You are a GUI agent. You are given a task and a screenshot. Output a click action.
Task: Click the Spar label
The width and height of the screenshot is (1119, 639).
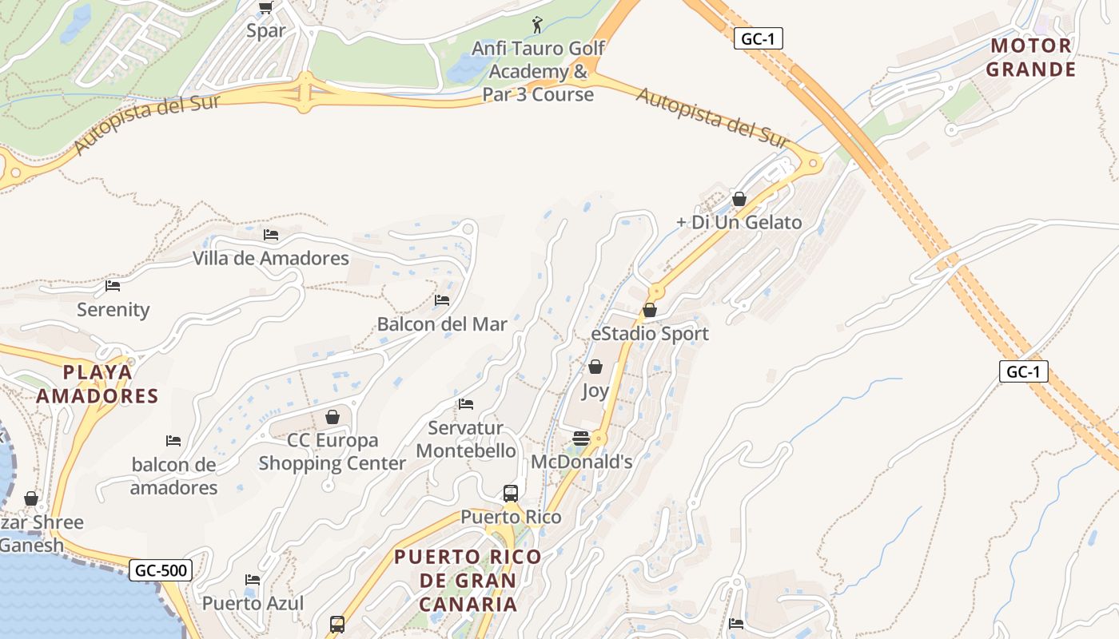(x=266, y=31)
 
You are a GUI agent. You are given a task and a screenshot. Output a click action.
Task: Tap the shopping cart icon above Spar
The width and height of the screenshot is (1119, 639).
(x=266, y=8)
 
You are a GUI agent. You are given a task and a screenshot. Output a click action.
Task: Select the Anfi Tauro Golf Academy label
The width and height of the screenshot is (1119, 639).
(x=538, y=71)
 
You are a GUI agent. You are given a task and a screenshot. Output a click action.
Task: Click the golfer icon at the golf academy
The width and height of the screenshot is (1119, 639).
(x=536, y=25)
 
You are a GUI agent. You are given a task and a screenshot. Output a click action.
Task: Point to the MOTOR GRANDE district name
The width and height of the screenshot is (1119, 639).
(x=1030, y=58)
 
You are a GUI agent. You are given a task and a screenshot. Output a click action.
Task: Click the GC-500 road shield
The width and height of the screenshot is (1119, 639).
(x=161, y=570)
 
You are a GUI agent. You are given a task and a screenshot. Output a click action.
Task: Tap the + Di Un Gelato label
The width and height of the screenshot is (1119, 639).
(x=739, y=222)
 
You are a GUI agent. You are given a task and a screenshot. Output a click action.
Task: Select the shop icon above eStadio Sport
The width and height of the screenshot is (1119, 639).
(x=650, y=310)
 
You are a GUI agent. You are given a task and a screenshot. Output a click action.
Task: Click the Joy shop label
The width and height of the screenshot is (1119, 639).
(x=595, y=391)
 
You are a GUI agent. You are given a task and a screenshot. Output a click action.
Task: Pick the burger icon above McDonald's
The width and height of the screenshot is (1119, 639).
(x=581, y=438)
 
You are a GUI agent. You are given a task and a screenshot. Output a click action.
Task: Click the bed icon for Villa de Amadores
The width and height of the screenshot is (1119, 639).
(x=271, y=235)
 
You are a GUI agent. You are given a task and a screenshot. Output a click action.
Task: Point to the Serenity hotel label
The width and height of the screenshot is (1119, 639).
(x=113, y=309)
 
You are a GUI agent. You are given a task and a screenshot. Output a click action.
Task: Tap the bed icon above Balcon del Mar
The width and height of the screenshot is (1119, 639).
(x=442, y=300)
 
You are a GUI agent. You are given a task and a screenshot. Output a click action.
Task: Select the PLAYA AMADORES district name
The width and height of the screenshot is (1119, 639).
(x=98, y=384)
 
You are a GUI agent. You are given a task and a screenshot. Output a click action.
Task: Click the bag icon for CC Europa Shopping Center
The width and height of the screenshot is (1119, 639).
(x=333, y=417)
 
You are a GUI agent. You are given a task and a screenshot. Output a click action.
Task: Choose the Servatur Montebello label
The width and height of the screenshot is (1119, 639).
(x=466, y=439)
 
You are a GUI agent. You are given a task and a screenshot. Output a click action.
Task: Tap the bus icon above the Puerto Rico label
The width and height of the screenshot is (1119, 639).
(x=511, y=493)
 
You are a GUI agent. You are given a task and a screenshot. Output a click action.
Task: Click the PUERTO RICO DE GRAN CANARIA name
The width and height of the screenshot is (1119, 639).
(x=468, y=580)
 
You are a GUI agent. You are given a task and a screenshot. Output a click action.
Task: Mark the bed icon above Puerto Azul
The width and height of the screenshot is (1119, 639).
(x=253, y=579)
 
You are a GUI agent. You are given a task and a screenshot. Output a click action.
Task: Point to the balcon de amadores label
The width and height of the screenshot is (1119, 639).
(x=173, y=476)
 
